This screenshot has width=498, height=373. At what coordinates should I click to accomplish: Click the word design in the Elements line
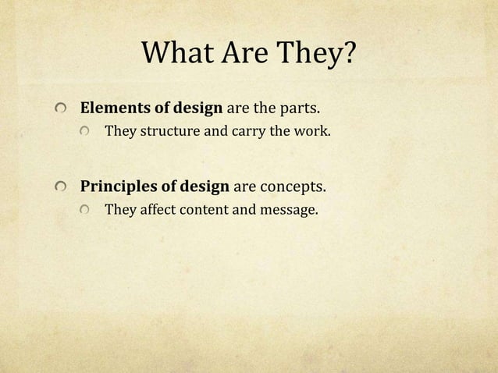[x=197, y=108]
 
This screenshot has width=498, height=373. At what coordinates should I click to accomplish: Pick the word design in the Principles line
[x=204, y=187]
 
